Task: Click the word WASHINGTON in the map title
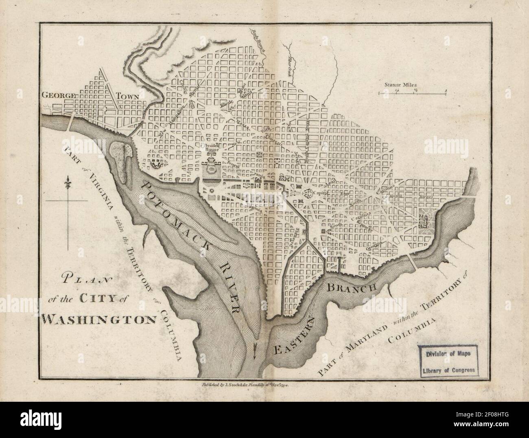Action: [x=99, y=318]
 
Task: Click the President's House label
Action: [x=212, y=147]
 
